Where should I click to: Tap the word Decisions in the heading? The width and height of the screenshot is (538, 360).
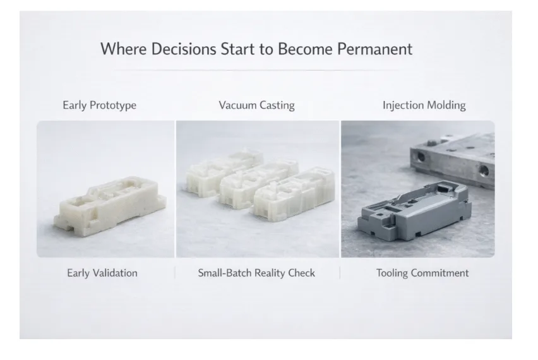pyautogui.click(x=184, y=49)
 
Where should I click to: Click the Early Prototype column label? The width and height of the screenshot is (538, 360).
pyautogui.click(x=100, y=105)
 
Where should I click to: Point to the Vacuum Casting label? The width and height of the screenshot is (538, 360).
pyautogui.click(x=256, y=105)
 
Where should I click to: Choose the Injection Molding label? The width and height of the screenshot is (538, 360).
pyautogui.click(x=424, y=105)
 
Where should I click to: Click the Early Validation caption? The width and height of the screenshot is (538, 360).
pyautogui.click(x=102, y=273)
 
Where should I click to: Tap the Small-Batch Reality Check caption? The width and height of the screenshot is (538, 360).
pyautogui.click(x=256, y=273)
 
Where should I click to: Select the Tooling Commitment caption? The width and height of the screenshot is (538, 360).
pyautogui.click(x=422, y=273)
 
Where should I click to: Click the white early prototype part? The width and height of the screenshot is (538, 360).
pyautogui.click(x=110, y=205)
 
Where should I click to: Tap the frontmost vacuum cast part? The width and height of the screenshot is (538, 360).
pyautogui.click(x=294, y=193)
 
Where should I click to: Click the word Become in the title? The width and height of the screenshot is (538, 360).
pyautogui.click(x=305, y=49)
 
